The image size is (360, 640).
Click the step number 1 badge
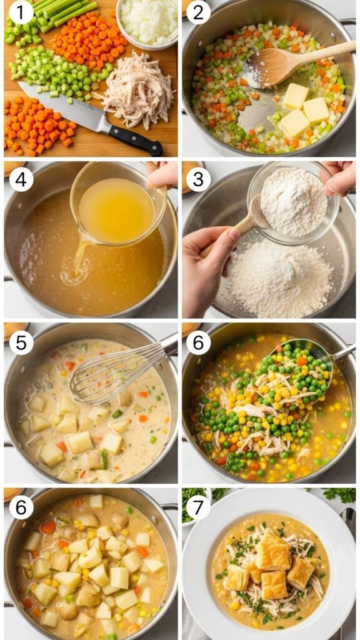(21, 12)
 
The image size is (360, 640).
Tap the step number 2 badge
(198, 12)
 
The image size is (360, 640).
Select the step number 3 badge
(198, 179)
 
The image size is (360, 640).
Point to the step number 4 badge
(21, 179)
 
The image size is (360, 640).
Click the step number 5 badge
(21, 342)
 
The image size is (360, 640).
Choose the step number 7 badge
(198, 507)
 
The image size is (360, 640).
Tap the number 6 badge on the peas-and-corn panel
(198, 342)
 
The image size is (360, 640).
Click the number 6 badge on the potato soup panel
(21, 507)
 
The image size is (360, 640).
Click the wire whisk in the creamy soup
(112, 375)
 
